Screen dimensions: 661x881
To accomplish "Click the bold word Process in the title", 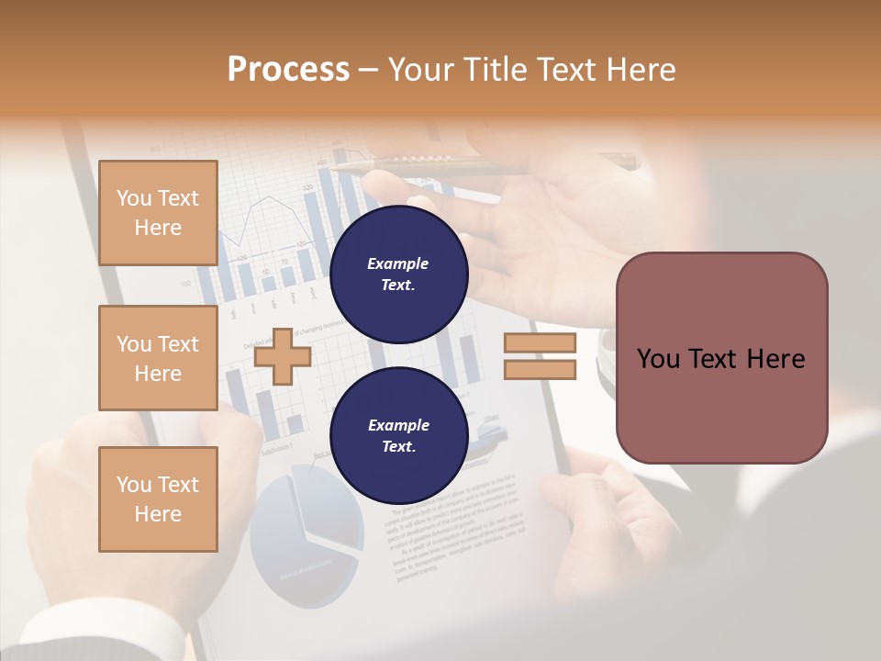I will pyautogui.click(x=288, y=70).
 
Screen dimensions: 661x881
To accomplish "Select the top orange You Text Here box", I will pyautogui.click(x=158, y=213).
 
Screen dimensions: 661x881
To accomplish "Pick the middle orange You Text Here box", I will pyautogui.click(x=158, y=358).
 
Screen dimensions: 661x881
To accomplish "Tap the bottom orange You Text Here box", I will pyautogui.click(x=158, y=499).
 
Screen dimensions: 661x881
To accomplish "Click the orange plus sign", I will pyautogui.click(x=282, y=356).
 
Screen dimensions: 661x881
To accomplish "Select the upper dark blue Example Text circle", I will pyautogui.click(x=398, y=274).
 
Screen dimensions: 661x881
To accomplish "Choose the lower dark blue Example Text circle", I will pyautogui.click(x=398, y=435).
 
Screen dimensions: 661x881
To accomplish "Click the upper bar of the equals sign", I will pyautogui.click(x=540, y=342).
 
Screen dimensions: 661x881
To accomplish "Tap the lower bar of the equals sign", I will pyautogui.click(x=540, y=369).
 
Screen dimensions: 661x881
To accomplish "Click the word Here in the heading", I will pyautogui.click(x=641, y=70).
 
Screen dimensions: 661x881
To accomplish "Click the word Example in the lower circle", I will pyautogui.click(x=398, y=425).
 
